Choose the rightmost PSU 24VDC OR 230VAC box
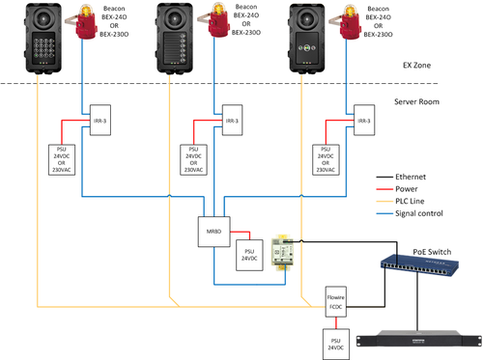coord(329,159)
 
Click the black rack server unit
coord(417,341)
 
